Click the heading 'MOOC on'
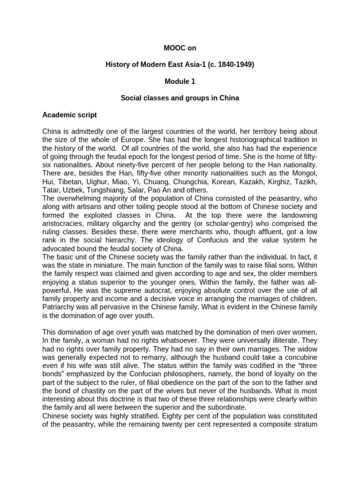(180, 47)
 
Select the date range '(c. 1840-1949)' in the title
(230, 64)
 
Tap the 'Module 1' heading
(180, 81)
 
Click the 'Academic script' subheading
(69, 114)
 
